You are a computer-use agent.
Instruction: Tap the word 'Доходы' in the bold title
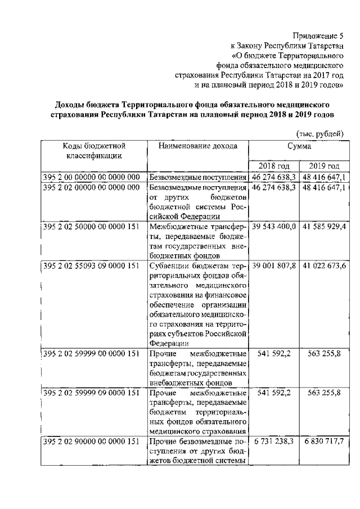tap(71, 105)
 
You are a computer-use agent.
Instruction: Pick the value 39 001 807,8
tap(274, 265)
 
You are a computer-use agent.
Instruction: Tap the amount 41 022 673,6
tap(324, 265)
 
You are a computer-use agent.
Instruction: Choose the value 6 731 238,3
tap(274, 442)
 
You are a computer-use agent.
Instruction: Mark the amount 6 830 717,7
tap(324, 442)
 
